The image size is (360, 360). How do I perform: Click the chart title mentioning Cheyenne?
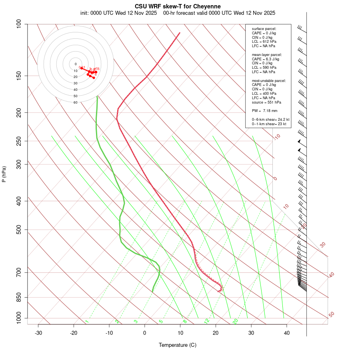pyautogui.click(x=178, y=6)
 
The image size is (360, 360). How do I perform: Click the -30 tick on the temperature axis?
pyautogui.click(x=38, y=333)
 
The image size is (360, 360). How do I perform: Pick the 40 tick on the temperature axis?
pyautogui.click(x=287, y=333)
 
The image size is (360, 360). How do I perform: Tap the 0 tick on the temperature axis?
pyautogui.click(x=145, y=333)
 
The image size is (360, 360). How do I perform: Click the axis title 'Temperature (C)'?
pyautogui.click(x=178, y=345)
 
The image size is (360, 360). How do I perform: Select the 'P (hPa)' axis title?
pyautogui.click(x=4, y=174)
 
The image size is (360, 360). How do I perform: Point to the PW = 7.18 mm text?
pyautogui.click(x=264, y=110)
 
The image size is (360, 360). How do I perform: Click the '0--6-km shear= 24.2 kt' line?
pyautogui.click(x=270, y=120)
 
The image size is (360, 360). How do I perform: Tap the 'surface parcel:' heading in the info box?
pyautogui.click(x=264, y=29)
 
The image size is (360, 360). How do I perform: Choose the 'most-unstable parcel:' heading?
pyautogui.click(x=269, y=80)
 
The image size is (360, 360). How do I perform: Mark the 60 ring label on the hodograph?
pyautogui.click(x=75, y=102)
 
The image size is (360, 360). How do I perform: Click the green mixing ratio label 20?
pyautogui.click(x=236, y=321)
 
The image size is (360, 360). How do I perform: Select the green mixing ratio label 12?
pyautogui.click(x=207, y=321)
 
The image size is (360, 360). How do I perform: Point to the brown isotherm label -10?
pyautogui.click(x=277, y=137)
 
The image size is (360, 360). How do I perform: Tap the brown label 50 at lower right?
pyautogui.click(x=331, y=315)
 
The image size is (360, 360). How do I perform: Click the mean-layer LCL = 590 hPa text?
pyautogui.click(x=264, y=68)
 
